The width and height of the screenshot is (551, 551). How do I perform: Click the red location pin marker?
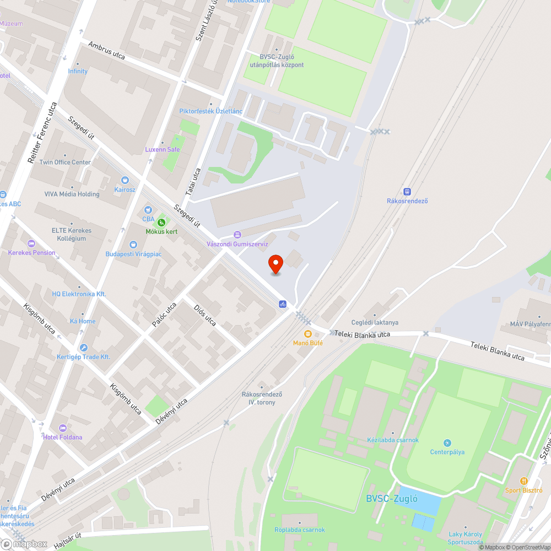[x=275, y=264]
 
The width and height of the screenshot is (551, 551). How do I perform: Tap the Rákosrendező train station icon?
[x=407, y=192]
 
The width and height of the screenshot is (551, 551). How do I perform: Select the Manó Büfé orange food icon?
[x=307, y=334]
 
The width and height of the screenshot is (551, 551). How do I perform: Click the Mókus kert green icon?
[x=161, y=223]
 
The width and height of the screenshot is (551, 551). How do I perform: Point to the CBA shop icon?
[x=148, y=210]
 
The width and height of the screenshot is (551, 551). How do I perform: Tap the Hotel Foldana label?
[x=62, y=437]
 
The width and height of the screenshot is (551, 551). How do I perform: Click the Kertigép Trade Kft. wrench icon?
[x=83, y=348]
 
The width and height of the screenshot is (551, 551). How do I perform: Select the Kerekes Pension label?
[x=31, y=252]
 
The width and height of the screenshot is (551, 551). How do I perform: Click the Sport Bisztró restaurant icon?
[x=523, y=481]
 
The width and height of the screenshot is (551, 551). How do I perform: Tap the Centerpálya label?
[x=447, y=452]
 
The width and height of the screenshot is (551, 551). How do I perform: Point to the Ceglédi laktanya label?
[x=375, y=322]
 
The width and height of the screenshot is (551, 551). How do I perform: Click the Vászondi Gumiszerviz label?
[x=237, y=244]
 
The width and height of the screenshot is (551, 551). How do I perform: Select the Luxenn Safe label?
[x=162, y=149]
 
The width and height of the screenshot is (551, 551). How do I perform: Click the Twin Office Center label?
[x=65, y=162]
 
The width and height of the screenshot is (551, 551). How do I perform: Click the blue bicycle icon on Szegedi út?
[x=282, y=304]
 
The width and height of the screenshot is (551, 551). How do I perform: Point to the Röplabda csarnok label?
[x=300, y=530]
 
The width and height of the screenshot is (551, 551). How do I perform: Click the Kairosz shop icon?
[x=125, y=180]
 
